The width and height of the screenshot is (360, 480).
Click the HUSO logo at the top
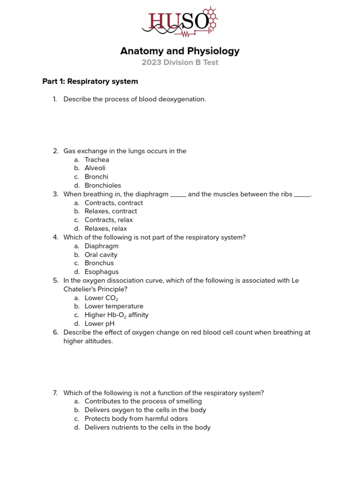(180, 22)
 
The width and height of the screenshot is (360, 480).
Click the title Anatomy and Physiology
(180, 51)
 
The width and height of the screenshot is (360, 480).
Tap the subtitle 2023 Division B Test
(180, 63)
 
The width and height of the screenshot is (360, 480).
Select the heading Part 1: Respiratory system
(90, 82)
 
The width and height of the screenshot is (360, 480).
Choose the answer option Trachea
(97, 160)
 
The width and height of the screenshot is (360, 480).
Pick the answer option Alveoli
(95, 168)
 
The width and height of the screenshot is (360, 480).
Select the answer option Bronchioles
(103, 186)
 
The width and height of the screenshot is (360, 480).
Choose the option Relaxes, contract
(111, 211)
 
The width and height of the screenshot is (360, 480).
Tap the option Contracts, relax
(109, 220)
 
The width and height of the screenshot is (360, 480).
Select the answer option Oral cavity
(101, 255)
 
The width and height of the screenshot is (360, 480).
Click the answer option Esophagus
(102, 272)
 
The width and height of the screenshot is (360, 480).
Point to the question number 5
(55, 281)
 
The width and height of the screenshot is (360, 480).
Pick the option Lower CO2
(101, 298)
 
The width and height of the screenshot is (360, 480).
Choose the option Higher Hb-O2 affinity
(116, 315)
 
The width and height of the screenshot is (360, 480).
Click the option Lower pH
(99, 324)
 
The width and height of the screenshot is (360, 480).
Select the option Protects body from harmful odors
(136, 419)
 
